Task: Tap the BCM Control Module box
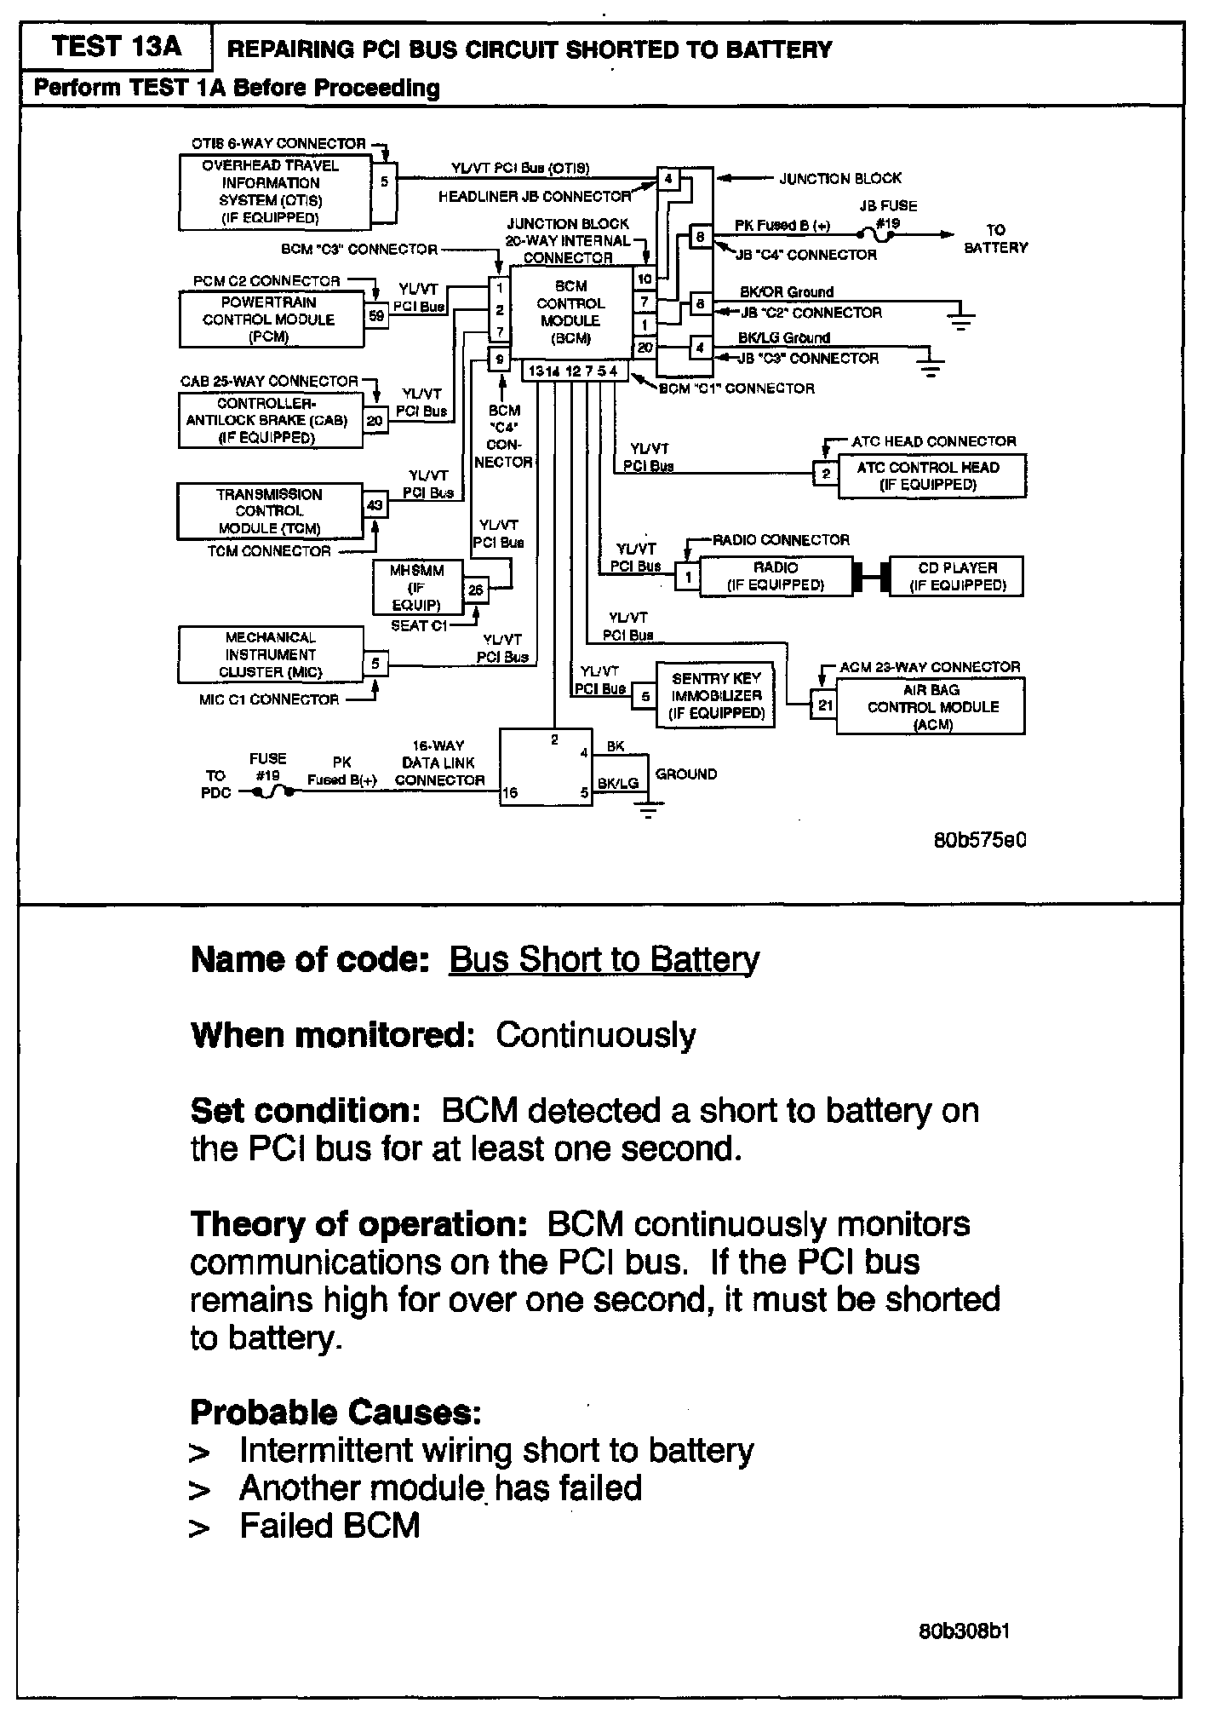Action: (x=570, y=312)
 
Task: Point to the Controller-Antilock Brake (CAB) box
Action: (x=270, y=421)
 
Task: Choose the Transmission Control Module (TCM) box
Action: (x=270, y=511)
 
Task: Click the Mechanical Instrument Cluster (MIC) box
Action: (x=270, y=654)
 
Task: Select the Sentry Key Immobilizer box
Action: (x=715, y=696)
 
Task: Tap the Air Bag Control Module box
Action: (x=931, y=706)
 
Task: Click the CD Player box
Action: (x=956, y=577)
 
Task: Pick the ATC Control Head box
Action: (x=931, y=475)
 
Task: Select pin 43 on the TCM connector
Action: (x=375, y=505)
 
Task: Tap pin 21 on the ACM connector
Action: (x=824, y=705)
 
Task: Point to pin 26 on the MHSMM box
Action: (x=475, y=590)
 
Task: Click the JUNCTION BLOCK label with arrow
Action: (x=839, y=178)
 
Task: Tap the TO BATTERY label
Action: (x=994, y=239)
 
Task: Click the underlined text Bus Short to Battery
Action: (x=604, y=959)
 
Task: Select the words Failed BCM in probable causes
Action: (x=329, y=1525)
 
